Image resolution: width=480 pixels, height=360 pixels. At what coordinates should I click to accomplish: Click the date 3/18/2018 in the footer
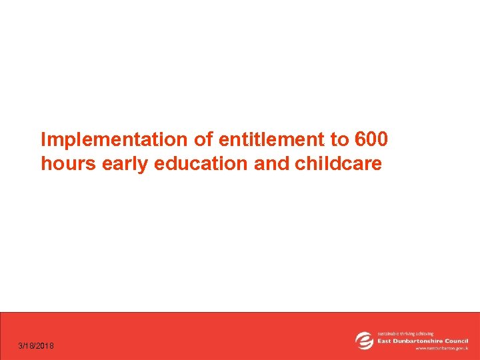point(37,346)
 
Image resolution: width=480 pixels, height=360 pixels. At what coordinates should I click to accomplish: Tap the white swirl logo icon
point(365,340)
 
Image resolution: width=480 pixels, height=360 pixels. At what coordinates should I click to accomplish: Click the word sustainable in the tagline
point(390,333)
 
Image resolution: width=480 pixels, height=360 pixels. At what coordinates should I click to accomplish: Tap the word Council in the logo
point(457,340)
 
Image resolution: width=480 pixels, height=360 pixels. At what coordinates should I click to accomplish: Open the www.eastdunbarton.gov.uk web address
point(441,348)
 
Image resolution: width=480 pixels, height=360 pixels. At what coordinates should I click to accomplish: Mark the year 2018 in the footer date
point(46,346)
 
